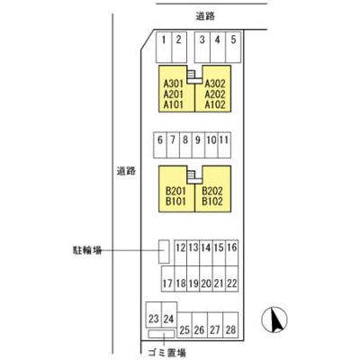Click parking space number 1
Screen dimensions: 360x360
[164, 47]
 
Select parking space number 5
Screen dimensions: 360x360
[233, 47]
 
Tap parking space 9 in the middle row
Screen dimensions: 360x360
[198, 145]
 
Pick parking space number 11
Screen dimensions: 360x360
[224, 145]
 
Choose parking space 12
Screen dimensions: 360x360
[181, 253]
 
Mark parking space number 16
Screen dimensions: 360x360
[232, 253]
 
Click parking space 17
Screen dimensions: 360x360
[167, 279]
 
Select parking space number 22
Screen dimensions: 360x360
[232, 279]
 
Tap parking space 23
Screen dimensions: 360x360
[154, 315]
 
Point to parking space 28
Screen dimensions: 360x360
[230, 325]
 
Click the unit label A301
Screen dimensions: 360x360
[174, 84]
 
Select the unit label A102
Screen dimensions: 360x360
[215, 104]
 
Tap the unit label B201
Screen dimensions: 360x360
[175, 191]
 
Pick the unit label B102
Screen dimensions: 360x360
[212, 202]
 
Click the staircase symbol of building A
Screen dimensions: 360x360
[194, 76]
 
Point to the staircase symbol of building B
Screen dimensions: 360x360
[194, 176]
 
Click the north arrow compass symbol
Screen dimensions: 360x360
[274, 319]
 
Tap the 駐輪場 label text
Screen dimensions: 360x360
[87, 250]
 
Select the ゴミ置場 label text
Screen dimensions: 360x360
[167, 352]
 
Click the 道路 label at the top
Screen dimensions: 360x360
[206, 16]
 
